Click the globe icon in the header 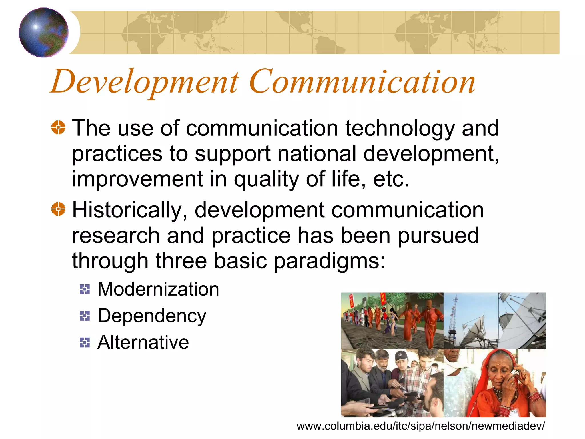pyautogui.click(x=43, y=32)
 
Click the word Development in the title pyautogui.click(x=144, y=82)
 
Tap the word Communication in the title pyautogui.click(x=362, y=82)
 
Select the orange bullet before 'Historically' pyautogui.click(x=58, y=209)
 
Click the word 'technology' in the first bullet pyautogui.click(x=400, y=129)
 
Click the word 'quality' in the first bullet pyautogui.click(x=266, y=179)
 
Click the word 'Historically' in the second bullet pyautogui.click(x=130, y=210)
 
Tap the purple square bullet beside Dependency pyautogui.click(x=85, y=316)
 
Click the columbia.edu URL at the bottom pyautogui.click(x=420, y=426)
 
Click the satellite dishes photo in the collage pyautogui.click(x=494, y=320)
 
